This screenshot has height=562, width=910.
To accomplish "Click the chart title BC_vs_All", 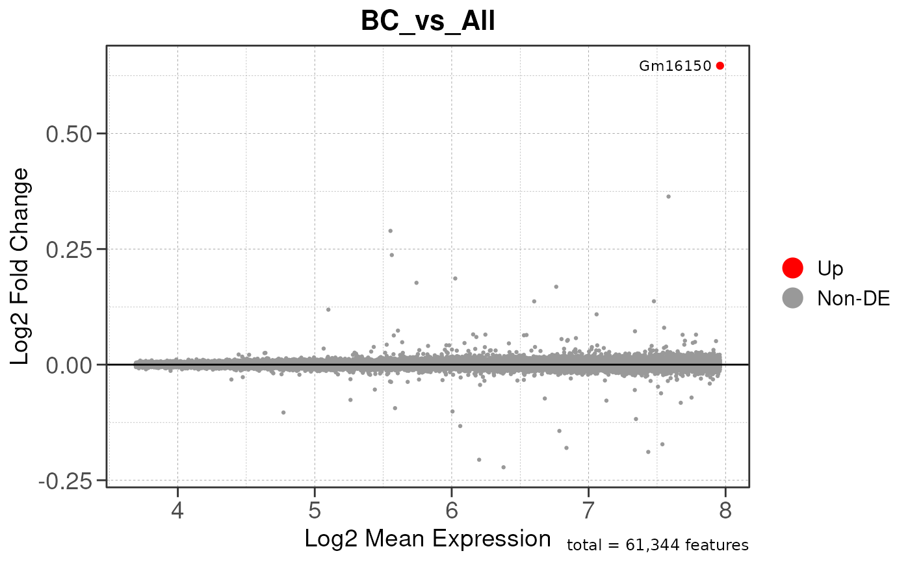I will tap(428, 21).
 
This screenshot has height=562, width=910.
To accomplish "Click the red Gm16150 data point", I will tap(720, 66).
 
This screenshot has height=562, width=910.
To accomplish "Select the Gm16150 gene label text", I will tap(675, 66).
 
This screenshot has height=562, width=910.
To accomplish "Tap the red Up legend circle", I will tap(792, 267).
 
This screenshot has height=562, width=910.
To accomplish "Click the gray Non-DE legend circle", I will tap(792, 298).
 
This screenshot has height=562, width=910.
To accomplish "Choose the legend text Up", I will tap(830, 267).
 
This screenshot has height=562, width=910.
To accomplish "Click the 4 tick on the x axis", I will tap(177, 509).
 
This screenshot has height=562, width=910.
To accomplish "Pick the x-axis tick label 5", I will tap(315, 509).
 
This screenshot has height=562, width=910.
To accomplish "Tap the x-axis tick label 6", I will tap(452, 509).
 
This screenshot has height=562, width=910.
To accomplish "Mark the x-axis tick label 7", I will tap(589, 509).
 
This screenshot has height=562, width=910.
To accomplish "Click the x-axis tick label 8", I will tap(726, 509).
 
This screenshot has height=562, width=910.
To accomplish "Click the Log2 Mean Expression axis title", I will tap(427, 539).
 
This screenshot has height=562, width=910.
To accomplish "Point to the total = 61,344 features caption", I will tap(657, 545).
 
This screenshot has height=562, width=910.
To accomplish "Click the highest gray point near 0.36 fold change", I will tap(668, 196).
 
